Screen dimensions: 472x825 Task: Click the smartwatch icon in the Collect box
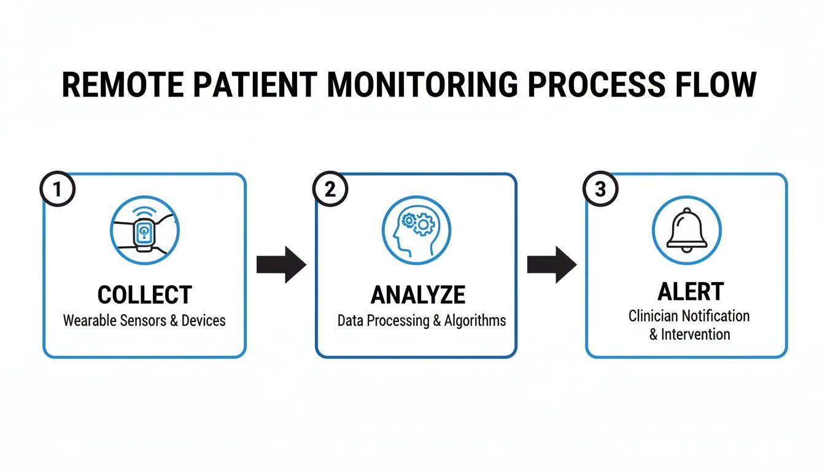[x=144, y=231]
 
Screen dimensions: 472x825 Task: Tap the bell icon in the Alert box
[x=687, y=230]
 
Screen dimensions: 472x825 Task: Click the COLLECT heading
[x=144, y=295]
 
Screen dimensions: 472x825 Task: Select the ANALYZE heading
[x=417, y=296]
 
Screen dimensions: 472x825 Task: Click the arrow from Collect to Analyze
[x=281, y=265]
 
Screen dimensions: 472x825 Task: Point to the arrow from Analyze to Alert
[x=552, y=265]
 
